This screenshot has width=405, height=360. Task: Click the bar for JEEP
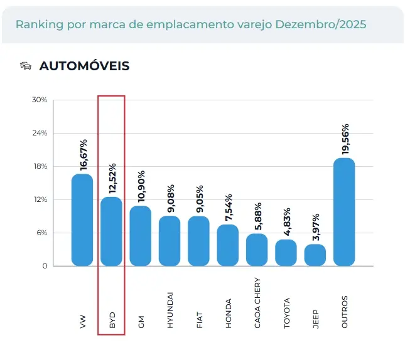[315, 255]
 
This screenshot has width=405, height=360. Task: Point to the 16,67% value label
[83, 154]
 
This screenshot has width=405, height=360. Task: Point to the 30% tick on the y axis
[40, 100]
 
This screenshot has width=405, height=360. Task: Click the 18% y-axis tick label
[40, 167]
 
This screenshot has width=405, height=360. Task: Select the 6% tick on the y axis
[41, 233]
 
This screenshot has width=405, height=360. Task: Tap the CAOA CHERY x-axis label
[257, 303]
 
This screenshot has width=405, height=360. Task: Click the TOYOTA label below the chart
[287, 312]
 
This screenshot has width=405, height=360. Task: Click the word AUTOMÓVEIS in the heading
[84, 66]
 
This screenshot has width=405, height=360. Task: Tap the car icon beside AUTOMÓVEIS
[26, 65]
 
